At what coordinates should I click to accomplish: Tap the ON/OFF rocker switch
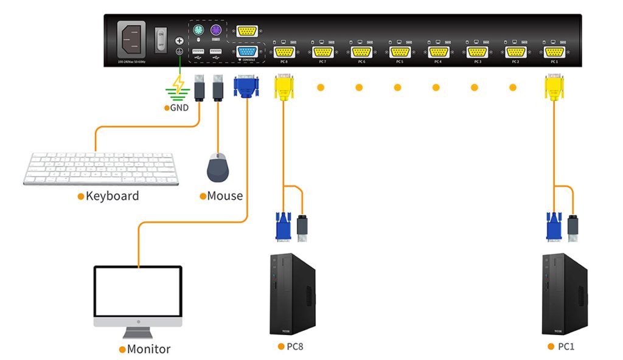[x=161, y=39]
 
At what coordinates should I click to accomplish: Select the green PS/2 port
[x=198, y=30]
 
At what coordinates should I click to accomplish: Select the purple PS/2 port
[x=215, y=30]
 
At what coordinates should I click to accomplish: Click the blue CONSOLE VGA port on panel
[x=246, y=52]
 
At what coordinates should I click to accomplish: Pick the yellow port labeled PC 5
[x=400, y=52]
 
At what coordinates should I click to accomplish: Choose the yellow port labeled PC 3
[x=476, y=52]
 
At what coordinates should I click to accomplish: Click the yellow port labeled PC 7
[x=322, y=52]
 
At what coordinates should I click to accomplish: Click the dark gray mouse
[x=218, y=167]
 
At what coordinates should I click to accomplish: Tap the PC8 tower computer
[x=292, y=294]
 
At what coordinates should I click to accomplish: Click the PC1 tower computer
[x=565, y=294]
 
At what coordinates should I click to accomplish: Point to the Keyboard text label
[x=112, y=196]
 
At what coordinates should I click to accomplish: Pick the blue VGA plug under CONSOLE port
[x=246, y=86]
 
